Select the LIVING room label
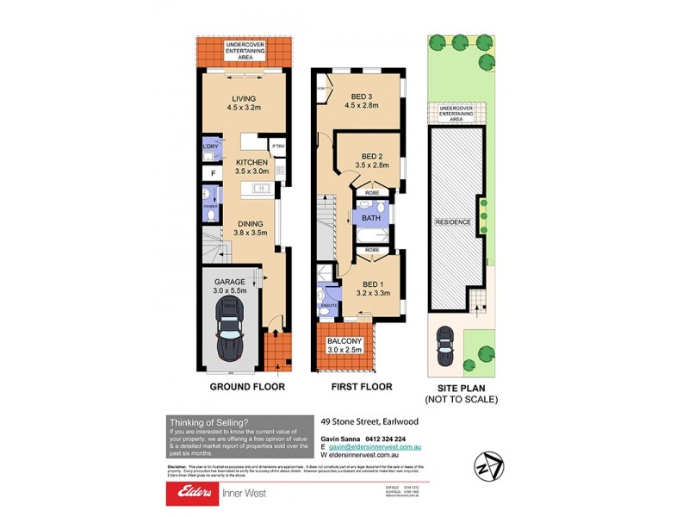244,103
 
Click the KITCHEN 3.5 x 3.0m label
252,166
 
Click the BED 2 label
373,159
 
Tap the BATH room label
371,219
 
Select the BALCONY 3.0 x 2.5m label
344,346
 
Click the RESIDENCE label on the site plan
453,222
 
